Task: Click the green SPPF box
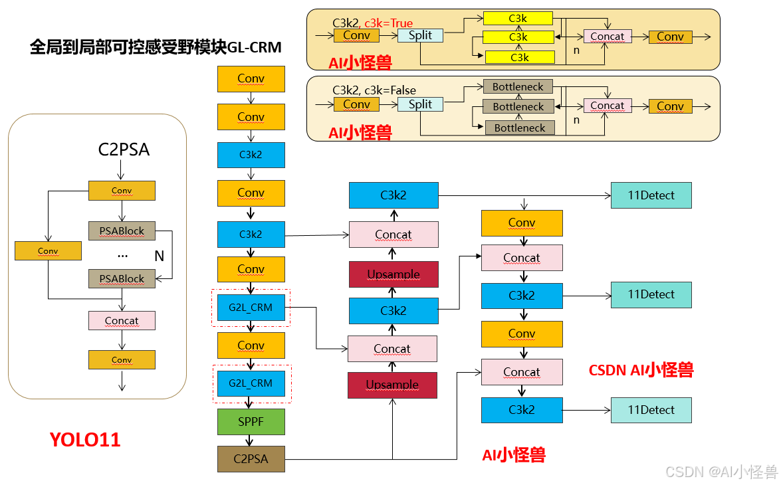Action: point(251,422)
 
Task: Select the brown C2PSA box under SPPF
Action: point(251,458)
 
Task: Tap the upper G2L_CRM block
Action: point(251,308)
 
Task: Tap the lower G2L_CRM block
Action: point(251,383)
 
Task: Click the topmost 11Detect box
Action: point(651,195)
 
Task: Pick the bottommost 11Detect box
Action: point(651,410)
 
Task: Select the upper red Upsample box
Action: point(393,274)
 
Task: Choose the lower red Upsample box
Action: point(392,385)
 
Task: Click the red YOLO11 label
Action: point(85,440)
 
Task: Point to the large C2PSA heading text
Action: point(124,150)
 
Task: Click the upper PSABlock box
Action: point(122,231)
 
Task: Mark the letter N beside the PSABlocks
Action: point(159,256)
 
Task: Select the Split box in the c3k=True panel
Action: point(420,36)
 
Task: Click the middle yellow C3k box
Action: point(518,37)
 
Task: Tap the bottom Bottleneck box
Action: point(519,128)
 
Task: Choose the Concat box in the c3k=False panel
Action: point(607,106)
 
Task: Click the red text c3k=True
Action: point(388,23)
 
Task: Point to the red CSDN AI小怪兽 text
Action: point(641,370)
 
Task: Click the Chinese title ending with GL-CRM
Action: point(156,48)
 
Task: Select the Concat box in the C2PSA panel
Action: point(122,321)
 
